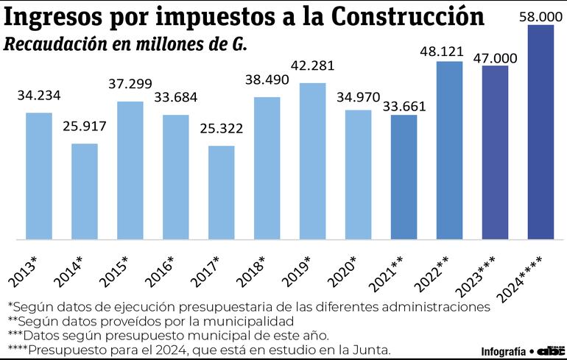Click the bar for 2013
(39, 176)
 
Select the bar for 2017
(221, 192)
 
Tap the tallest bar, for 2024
(540, 132)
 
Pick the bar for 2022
(449, 150)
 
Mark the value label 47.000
(495, 57)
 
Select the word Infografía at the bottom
(504, 350)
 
